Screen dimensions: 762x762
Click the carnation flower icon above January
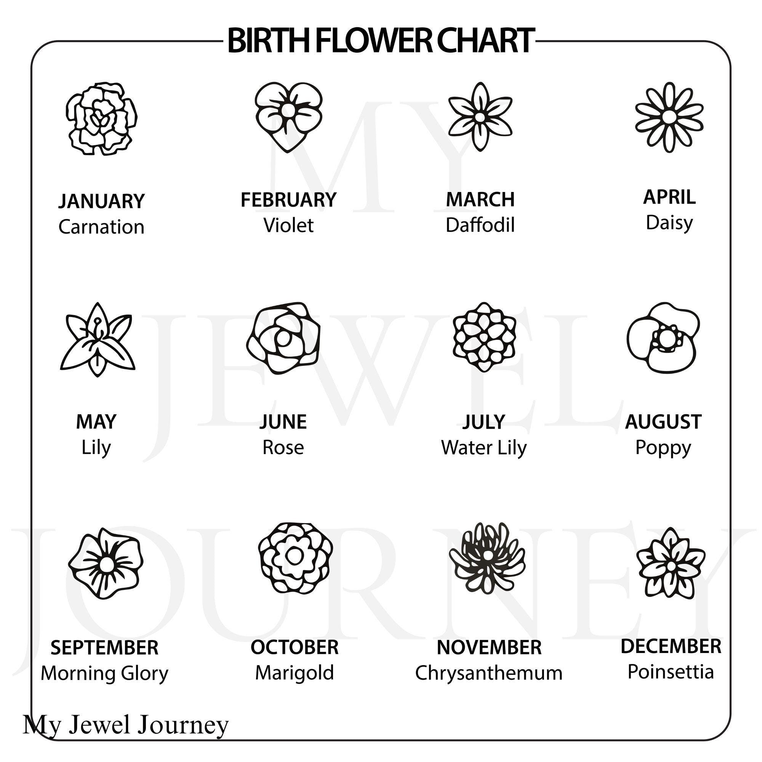101,118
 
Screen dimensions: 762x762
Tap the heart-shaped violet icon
288,117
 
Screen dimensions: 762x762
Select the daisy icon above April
669,117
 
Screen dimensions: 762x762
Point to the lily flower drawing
98,339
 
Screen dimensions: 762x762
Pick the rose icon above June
283,338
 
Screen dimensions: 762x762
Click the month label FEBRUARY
288,200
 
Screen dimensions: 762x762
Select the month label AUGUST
663,422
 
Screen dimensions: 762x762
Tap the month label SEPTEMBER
104,648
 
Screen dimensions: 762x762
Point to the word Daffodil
480,225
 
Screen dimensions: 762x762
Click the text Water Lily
483,448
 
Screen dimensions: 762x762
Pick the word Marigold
295,673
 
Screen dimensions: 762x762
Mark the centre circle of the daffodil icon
480,117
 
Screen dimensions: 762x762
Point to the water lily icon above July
484,337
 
